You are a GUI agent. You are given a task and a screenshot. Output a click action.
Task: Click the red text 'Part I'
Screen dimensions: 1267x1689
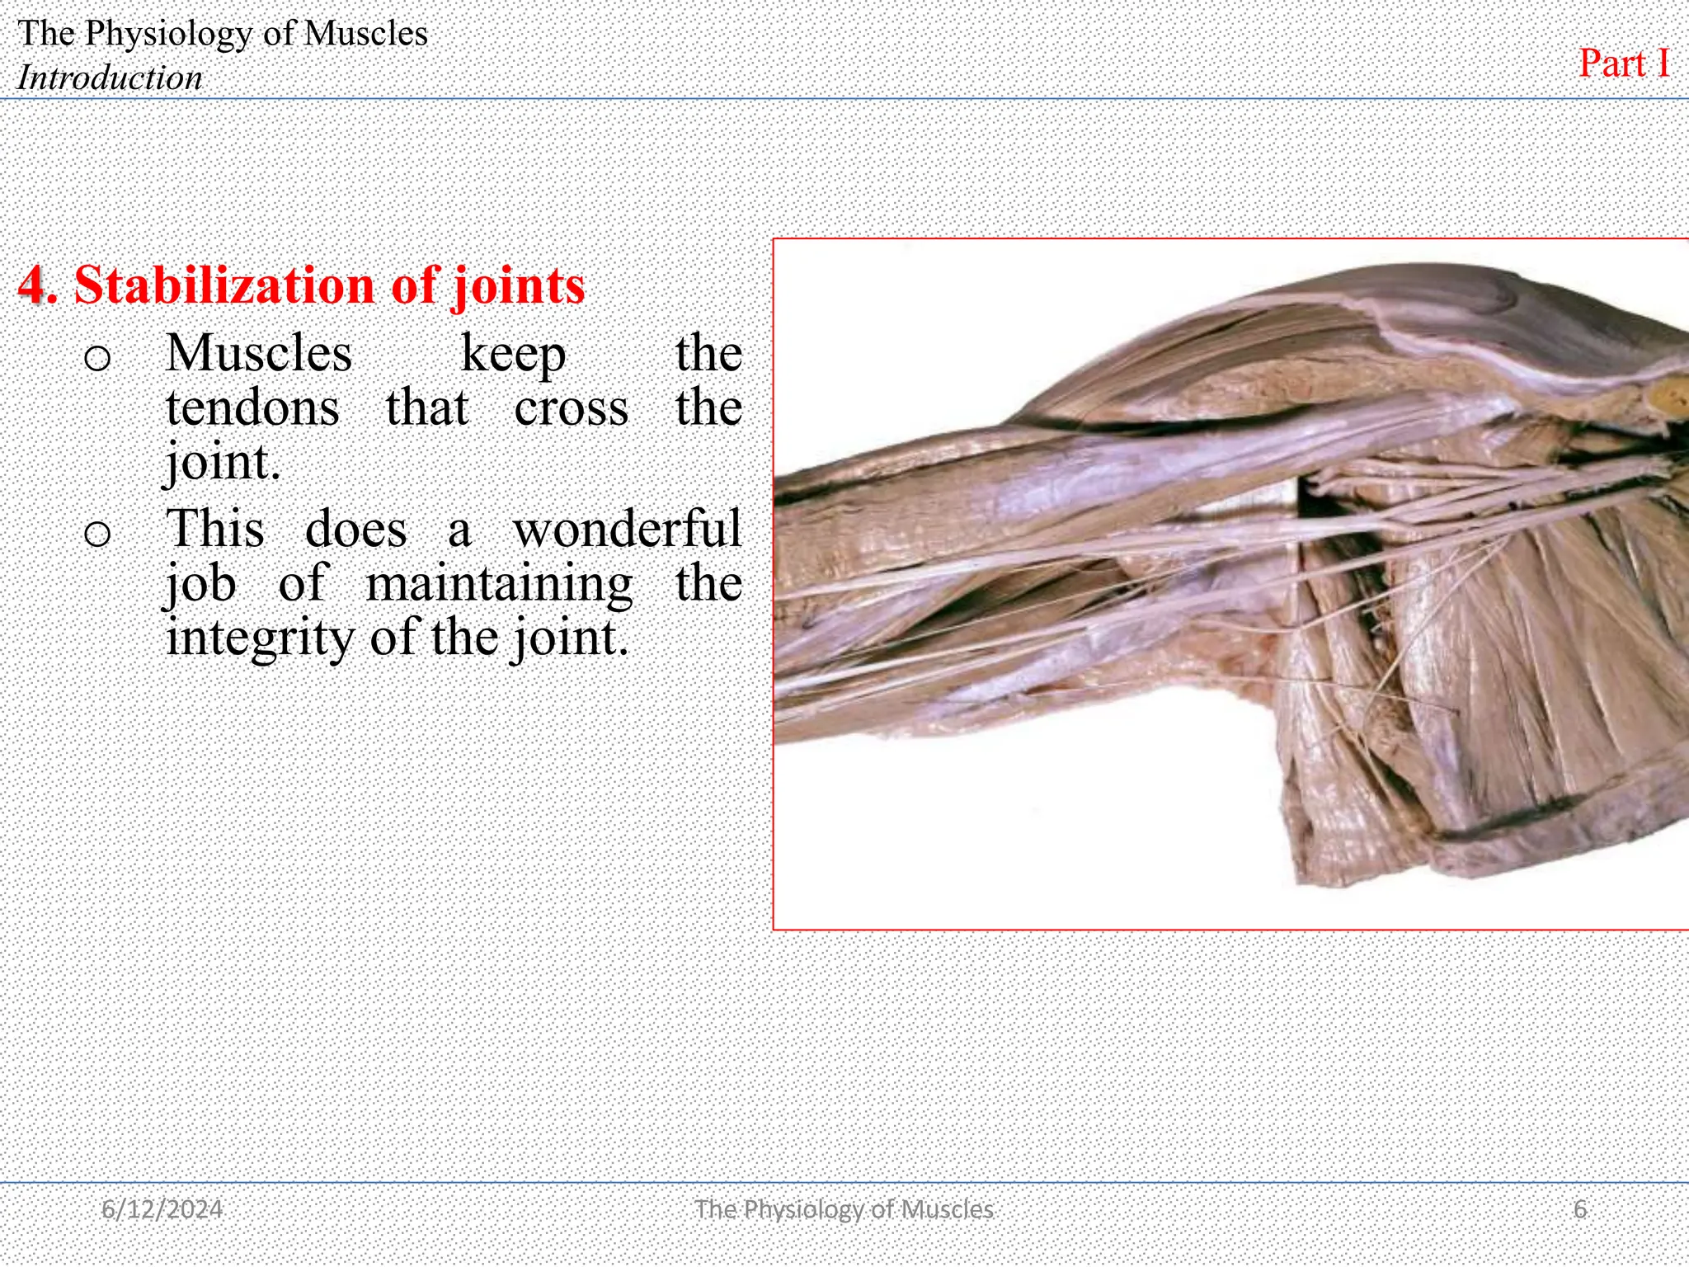pos(1624,64)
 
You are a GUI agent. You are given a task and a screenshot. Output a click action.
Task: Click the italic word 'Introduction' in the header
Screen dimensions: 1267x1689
pos(110,78)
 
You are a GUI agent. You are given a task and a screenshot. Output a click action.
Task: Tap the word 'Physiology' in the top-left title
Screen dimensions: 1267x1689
pos(169,33)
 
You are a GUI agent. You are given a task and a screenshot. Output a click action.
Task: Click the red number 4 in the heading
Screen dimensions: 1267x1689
pos(32,285)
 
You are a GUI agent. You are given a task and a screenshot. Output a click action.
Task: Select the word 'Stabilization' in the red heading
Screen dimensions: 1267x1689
pos(224,285)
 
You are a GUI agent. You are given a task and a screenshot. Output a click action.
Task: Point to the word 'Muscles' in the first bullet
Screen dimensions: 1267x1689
pos(259,353)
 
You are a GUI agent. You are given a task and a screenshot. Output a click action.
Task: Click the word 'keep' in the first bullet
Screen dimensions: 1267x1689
pos(513,355)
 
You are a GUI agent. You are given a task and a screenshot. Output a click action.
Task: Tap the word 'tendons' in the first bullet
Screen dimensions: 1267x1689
pos(252,407)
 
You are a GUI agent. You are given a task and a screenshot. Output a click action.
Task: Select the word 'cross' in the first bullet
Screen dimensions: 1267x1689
pos(571,408)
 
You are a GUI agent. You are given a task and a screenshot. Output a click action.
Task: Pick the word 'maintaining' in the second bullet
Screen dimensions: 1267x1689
pos(499,584)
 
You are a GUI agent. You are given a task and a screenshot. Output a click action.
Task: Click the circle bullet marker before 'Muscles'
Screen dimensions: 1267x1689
pos(97,358)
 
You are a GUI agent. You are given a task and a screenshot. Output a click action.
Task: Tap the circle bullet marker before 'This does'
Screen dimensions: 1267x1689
pos(97,534)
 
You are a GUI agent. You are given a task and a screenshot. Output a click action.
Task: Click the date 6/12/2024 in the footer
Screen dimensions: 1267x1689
pos(162,1209)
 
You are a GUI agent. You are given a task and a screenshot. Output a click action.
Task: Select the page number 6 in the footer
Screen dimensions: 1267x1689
pos(1580,1209)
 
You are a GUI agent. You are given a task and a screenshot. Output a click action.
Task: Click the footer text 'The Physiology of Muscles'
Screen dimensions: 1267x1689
pos(844,1209)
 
